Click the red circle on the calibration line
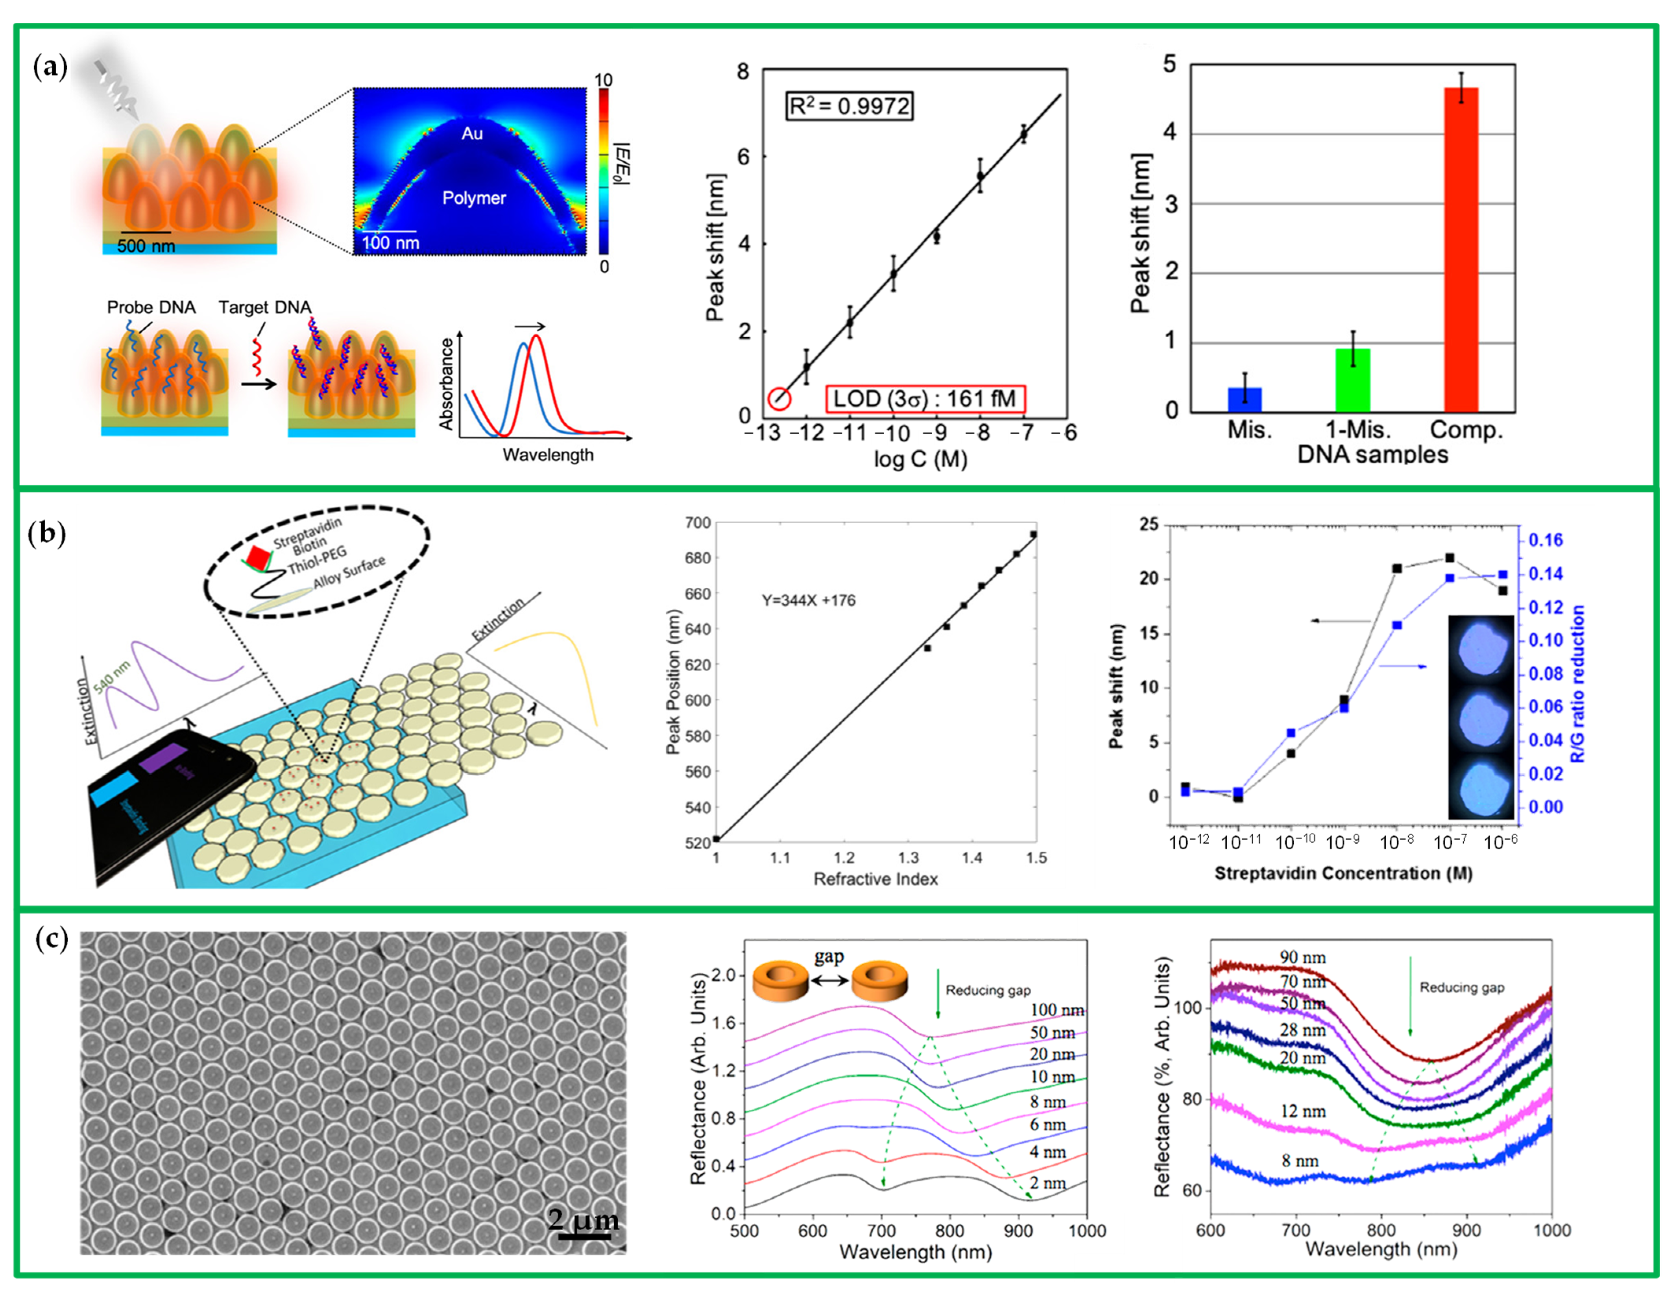779,399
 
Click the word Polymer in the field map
474,198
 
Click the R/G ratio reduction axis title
1578,683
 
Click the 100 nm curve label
1056,1010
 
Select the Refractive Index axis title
875,879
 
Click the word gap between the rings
829,957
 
